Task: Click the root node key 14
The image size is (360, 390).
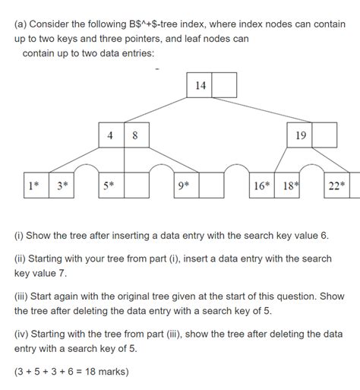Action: [200, 86]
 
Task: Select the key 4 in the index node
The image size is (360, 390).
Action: [111, 135]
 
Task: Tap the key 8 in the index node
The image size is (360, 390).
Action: [135, 135]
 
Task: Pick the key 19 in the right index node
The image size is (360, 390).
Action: [300, 135]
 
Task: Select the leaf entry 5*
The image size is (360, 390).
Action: [110, 185]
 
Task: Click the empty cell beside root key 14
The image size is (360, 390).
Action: [224, 86]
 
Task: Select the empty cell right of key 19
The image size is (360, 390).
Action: [325, 135]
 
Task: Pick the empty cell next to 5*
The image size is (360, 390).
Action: [137, 185]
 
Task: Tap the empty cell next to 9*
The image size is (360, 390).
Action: [211, 185]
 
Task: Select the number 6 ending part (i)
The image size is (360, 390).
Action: [324, 236]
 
